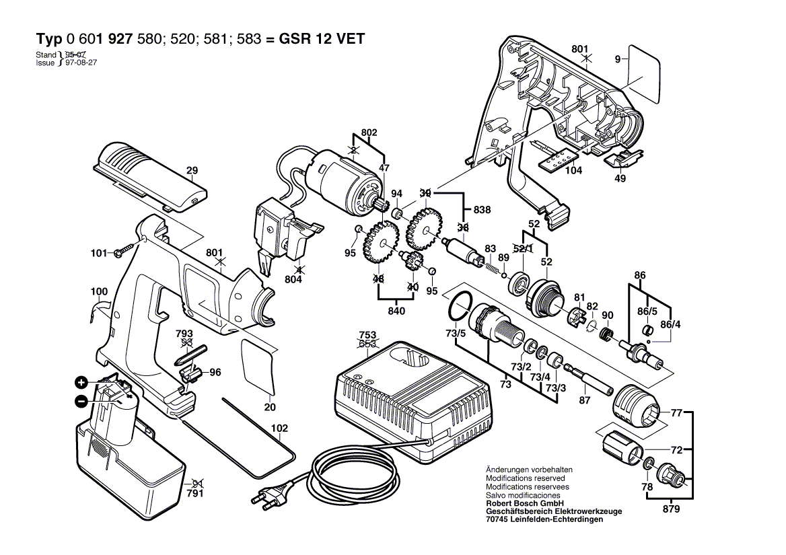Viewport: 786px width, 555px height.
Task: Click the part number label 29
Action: point(192,171)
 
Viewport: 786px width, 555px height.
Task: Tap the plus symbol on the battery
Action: point(81,383)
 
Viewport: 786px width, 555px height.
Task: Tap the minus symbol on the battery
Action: point(81,402)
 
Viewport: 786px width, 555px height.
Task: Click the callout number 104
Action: point(573,172)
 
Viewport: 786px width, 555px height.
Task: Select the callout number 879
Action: point(670,509)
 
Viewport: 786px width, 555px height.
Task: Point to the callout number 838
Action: point(482,210)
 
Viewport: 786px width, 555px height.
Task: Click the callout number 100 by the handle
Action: point(99,291)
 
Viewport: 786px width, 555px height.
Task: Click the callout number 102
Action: point(279,428)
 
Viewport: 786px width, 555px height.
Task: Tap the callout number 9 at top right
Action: point(617,60)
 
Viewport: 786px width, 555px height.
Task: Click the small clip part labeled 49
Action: point(620,160)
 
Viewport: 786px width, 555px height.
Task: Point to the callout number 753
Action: point(367,334)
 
